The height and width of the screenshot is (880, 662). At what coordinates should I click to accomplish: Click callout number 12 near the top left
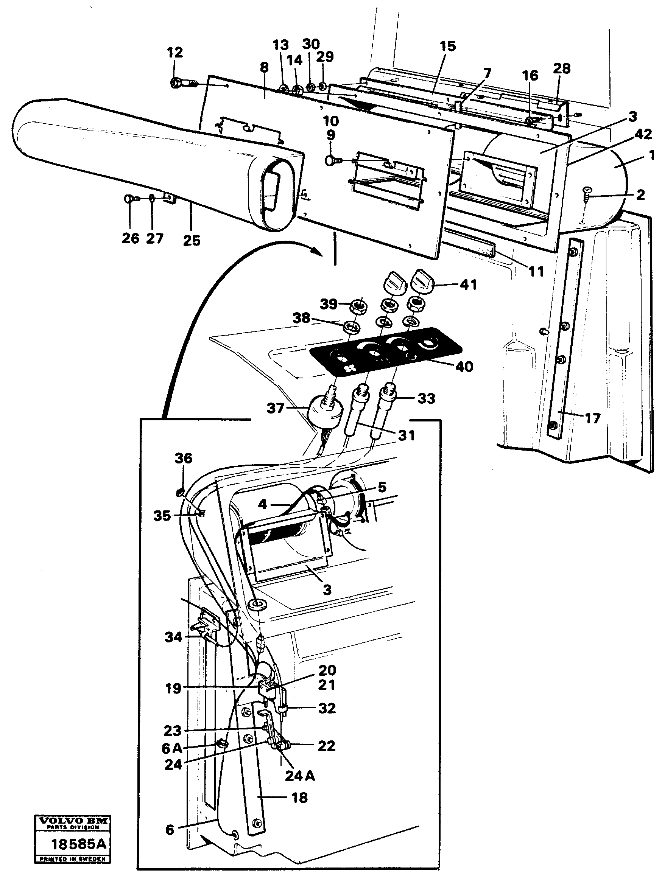(175, 53)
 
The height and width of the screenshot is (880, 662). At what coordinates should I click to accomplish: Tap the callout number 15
(447, 47)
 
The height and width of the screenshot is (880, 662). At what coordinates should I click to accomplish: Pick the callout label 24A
(299, 776)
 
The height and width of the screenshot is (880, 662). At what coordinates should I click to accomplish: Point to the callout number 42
(643, 135)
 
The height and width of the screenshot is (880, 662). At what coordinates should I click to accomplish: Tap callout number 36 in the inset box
(183, 458)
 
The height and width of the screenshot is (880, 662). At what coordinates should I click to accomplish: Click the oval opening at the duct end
(274, 187)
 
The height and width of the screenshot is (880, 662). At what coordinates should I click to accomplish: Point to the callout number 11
(536, 272)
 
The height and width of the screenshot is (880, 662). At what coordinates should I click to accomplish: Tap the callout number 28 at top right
(561, 68)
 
